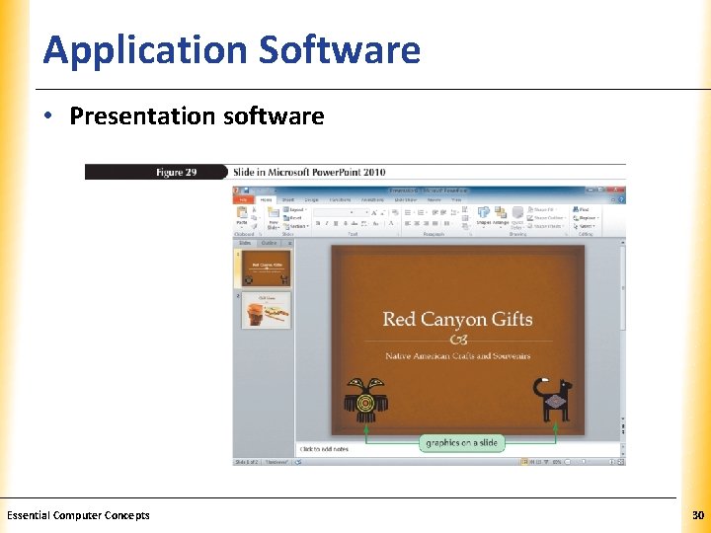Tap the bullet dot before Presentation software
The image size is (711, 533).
[x=48, y=116]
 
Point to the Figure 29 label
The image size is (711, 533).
[x=176, y=172]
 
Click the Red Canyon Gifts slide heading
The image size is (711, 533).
[x=456, y=319]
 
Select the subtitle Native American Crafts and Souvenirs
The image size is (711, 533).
[x=457, y=355]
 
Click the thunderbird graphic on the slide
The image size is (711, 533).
[x=366, y=401]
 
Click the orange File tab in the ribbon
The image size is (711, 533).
[x=242, y=199]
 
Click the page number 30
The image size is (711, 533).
[x=698, y=515]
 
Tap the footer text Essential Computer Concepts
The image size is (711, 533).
[x=78, y=515]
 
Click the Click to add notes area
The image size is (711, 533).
[x=326, y=449]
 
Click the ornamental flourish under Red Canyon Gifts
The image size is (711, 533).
[x=457, y=339]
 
